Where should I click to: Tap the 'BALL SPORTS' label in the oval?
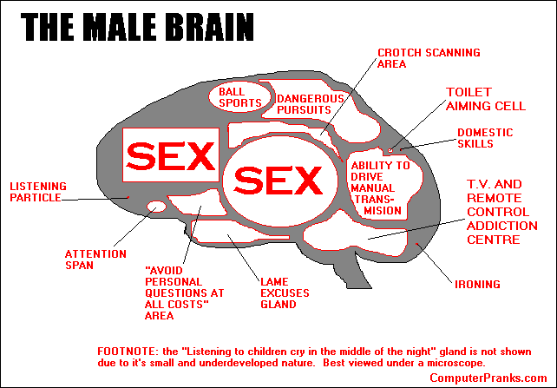click(239, 96)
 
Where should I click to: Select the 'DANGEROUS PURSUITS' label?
click(311, 105)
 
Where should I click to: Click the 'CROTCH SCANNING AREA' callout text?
click(428, 58)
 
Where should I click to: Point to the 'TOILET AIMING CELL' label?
click(485, 98)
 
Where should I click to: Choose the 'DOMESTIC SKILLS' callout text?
click(484, 139)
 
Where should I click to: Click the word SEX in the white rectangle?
click(170, 157)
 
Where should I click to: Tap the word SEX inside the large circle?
click(278, 181)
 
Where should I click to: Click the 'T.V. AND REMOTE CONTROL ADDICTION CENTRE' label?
click(494, 212)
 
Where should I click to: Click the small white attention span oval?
click(156, 207)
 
